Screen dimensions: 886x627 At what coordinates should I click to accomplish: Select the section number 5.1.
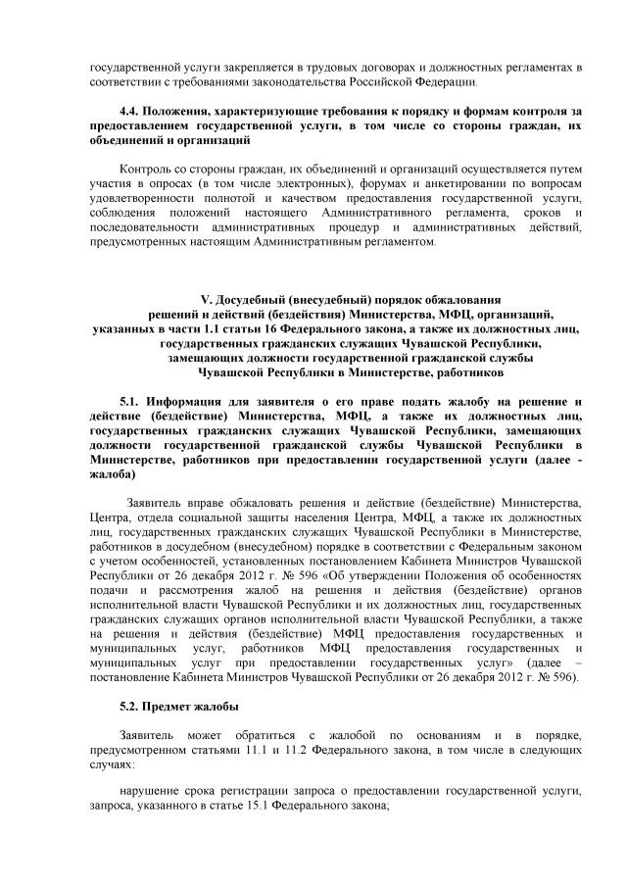point(130,402)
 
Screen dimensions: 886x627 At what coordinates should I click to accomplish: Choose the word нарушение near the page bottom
point(149,791)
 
